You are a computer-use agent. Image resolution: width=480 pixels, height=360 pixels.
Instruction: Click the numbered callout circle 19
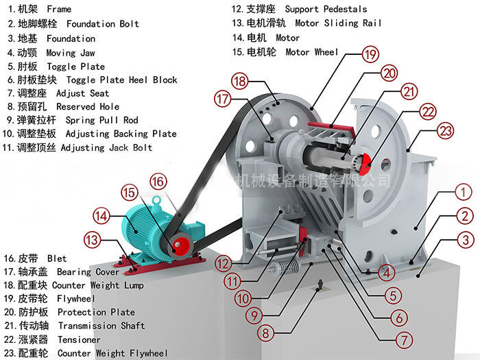pos(371,53)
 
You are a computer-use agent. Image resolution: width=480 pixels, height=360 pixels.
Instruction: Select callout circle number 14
pos(101,217)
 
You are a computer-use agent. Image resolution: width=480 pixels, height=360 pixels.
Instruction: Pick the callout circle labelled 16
pos(158,181)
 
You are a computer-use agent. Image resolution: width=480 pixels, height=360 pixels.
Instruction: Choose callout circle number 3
pos(466,240)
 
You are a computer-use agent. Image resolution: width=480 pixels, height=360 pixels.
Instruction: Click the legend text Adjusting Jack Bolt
pos(106,147)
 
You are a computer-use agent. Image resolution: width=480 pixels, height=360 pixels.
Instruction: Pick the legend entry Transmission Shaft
pos(101,326)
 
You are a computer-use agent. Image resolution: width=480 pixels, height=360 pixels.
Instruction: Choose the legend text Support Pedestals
pos(325,10)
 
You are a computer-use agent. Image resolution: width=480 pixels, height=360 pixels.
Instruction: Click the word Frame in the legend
pos(58,10)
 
